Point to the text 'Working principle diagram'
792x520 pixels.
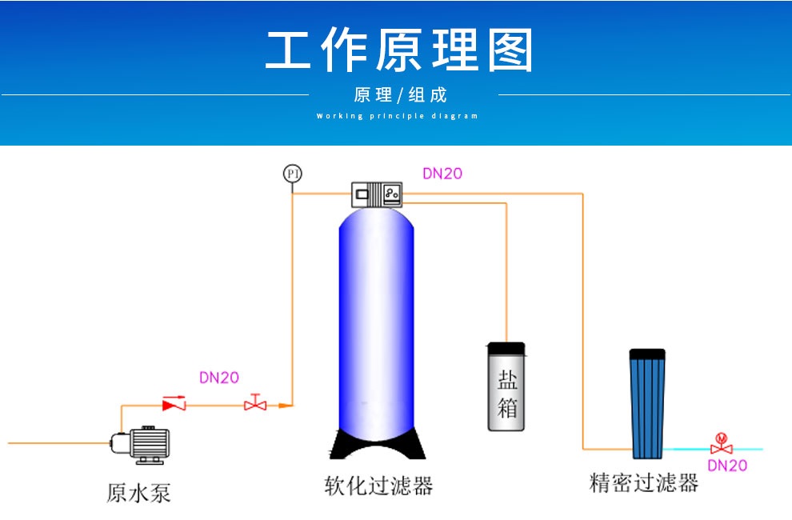[x=398, y=116]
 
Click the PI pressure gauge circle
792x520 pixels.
[x=292, y=174]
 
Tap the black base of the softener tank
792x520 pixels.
[x=377, y=444]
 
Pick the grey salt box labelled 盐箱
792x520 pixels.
[x=507, y=392]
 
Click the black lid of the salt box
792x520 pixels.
[x=506, y=348]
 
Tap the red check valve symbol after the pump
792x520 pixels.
[x=174, y=405]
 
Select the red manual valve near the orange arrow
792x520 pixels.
[x=255, y=403]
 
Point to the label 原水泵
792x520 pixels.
[x=138, y=491]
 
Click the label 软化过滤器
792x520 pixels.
[x=378, y=486]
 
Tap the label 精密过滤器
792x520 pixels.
[x=644, y=482]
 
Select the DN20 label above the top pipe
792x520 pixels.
[x=442, y=173]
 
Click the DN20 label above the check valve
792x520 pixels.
[x=218, y=378]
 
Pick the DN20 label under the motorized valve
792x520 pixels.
[x=727, y=466]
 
